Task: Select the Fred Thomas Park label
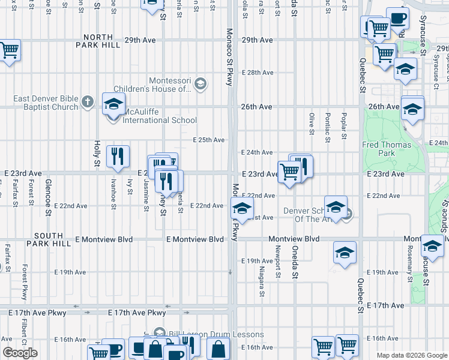tap(387, 149)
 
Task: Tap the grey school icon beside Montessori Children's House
tap(200, 83)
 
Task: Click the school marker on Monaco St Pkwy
tap(241, 210)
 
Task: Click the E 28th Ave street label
tap(258, 73)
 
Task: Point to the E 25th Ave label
tap(208, 140)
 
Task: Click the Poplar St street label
tap(344, 125)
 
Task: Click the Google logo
tap(20, 353)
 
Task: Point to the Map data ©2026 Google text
tap(411, 355)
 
